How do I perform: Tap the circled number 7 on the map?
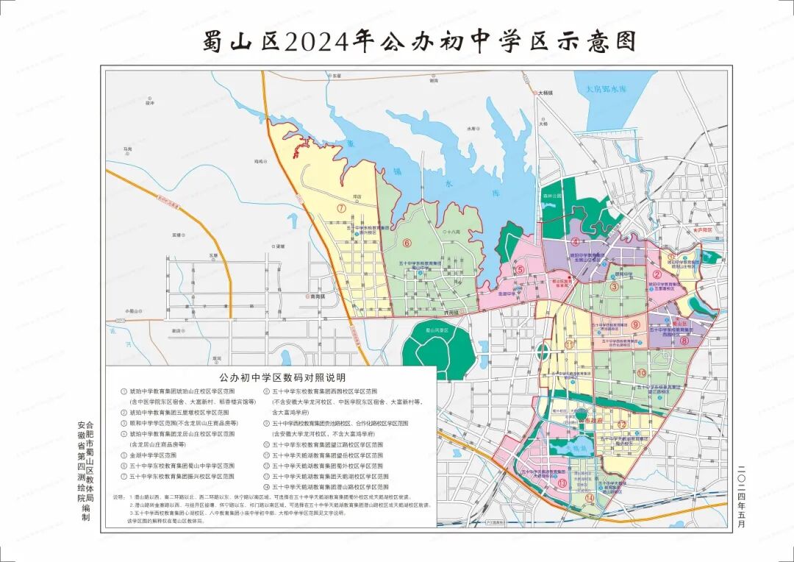(342, 207)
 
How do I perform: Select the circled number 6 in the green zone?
(406, 243)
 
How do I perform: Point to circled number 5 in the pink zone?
(520, 269)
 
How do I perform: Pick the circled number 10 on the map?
(642, 373)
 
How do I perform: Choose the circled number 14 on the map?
(590, 498)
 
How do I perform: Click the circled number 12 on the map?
(621, 424)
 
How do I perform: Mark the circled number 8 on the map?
(683, 341)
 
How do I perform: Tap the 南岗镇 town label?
(317, 296)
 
